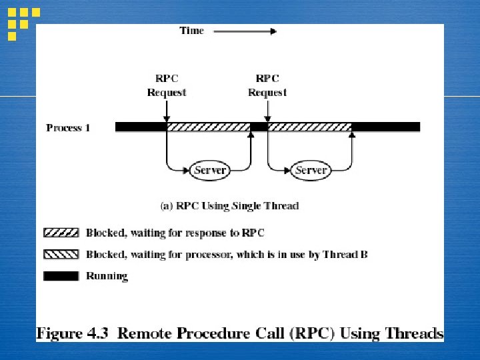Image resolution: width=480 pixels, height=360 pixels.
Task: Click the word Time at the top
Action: pos(191,31)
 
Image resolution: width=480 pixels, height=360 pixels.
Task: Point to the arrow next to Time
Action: pos(245,31)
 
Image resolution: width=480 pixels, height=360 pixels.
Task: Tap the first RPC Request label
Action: pos(167,85)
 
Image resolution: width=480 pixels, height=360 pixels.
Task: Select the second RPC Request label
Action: pos(267,85)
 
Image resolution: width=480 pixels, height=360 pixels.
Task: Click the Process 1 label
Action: pos(68,127)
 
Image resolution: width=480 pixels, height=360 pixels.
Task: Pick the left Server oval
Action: pos(210,170)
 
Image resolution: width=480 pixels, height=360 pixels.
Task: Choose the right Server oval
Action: pos(311,170)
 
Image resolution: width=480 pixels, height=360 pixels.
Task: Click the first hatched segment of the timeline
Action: pos(208,127)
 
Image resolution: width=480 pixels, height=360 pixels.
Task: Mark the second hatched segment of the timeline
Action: pos(309,127)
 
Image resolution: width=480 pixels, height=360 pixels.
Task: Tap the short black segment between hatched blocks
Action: pos(259,127)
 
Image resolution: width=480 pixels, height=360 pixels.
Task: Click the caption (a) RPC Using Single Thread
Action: pos(229,206)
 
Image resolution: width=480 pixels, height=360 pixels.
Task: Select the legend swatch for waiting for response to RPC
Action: pos(61,233)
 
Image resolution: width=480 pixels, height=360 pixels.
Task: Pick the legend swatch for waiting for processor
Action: pos(61,254)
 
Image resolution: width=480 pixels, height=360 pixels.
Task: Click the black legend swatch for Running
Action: pos(61,275)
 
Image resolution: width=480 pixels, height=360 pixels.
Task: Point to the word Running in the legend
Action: pos(107,275)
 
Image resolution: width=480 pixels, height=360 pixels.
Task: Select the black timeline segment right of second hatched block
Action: pos(385,127)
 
